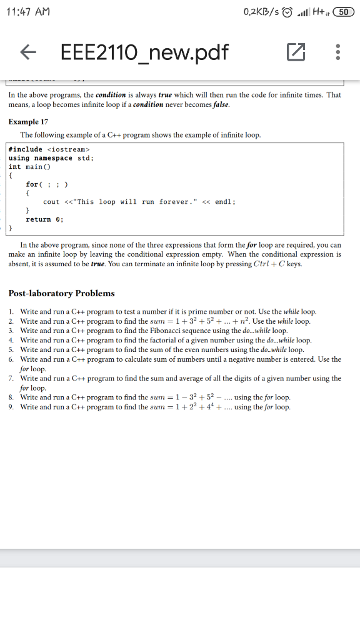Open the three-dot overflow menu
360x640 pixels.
[338, 54]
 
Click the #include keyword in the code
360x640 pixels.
[26, 149]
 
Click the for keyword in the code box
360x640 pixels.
[32, 184]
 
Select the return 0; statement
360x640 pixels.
[44, 219]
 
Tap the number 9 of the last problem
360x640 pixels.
[11, 407]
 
